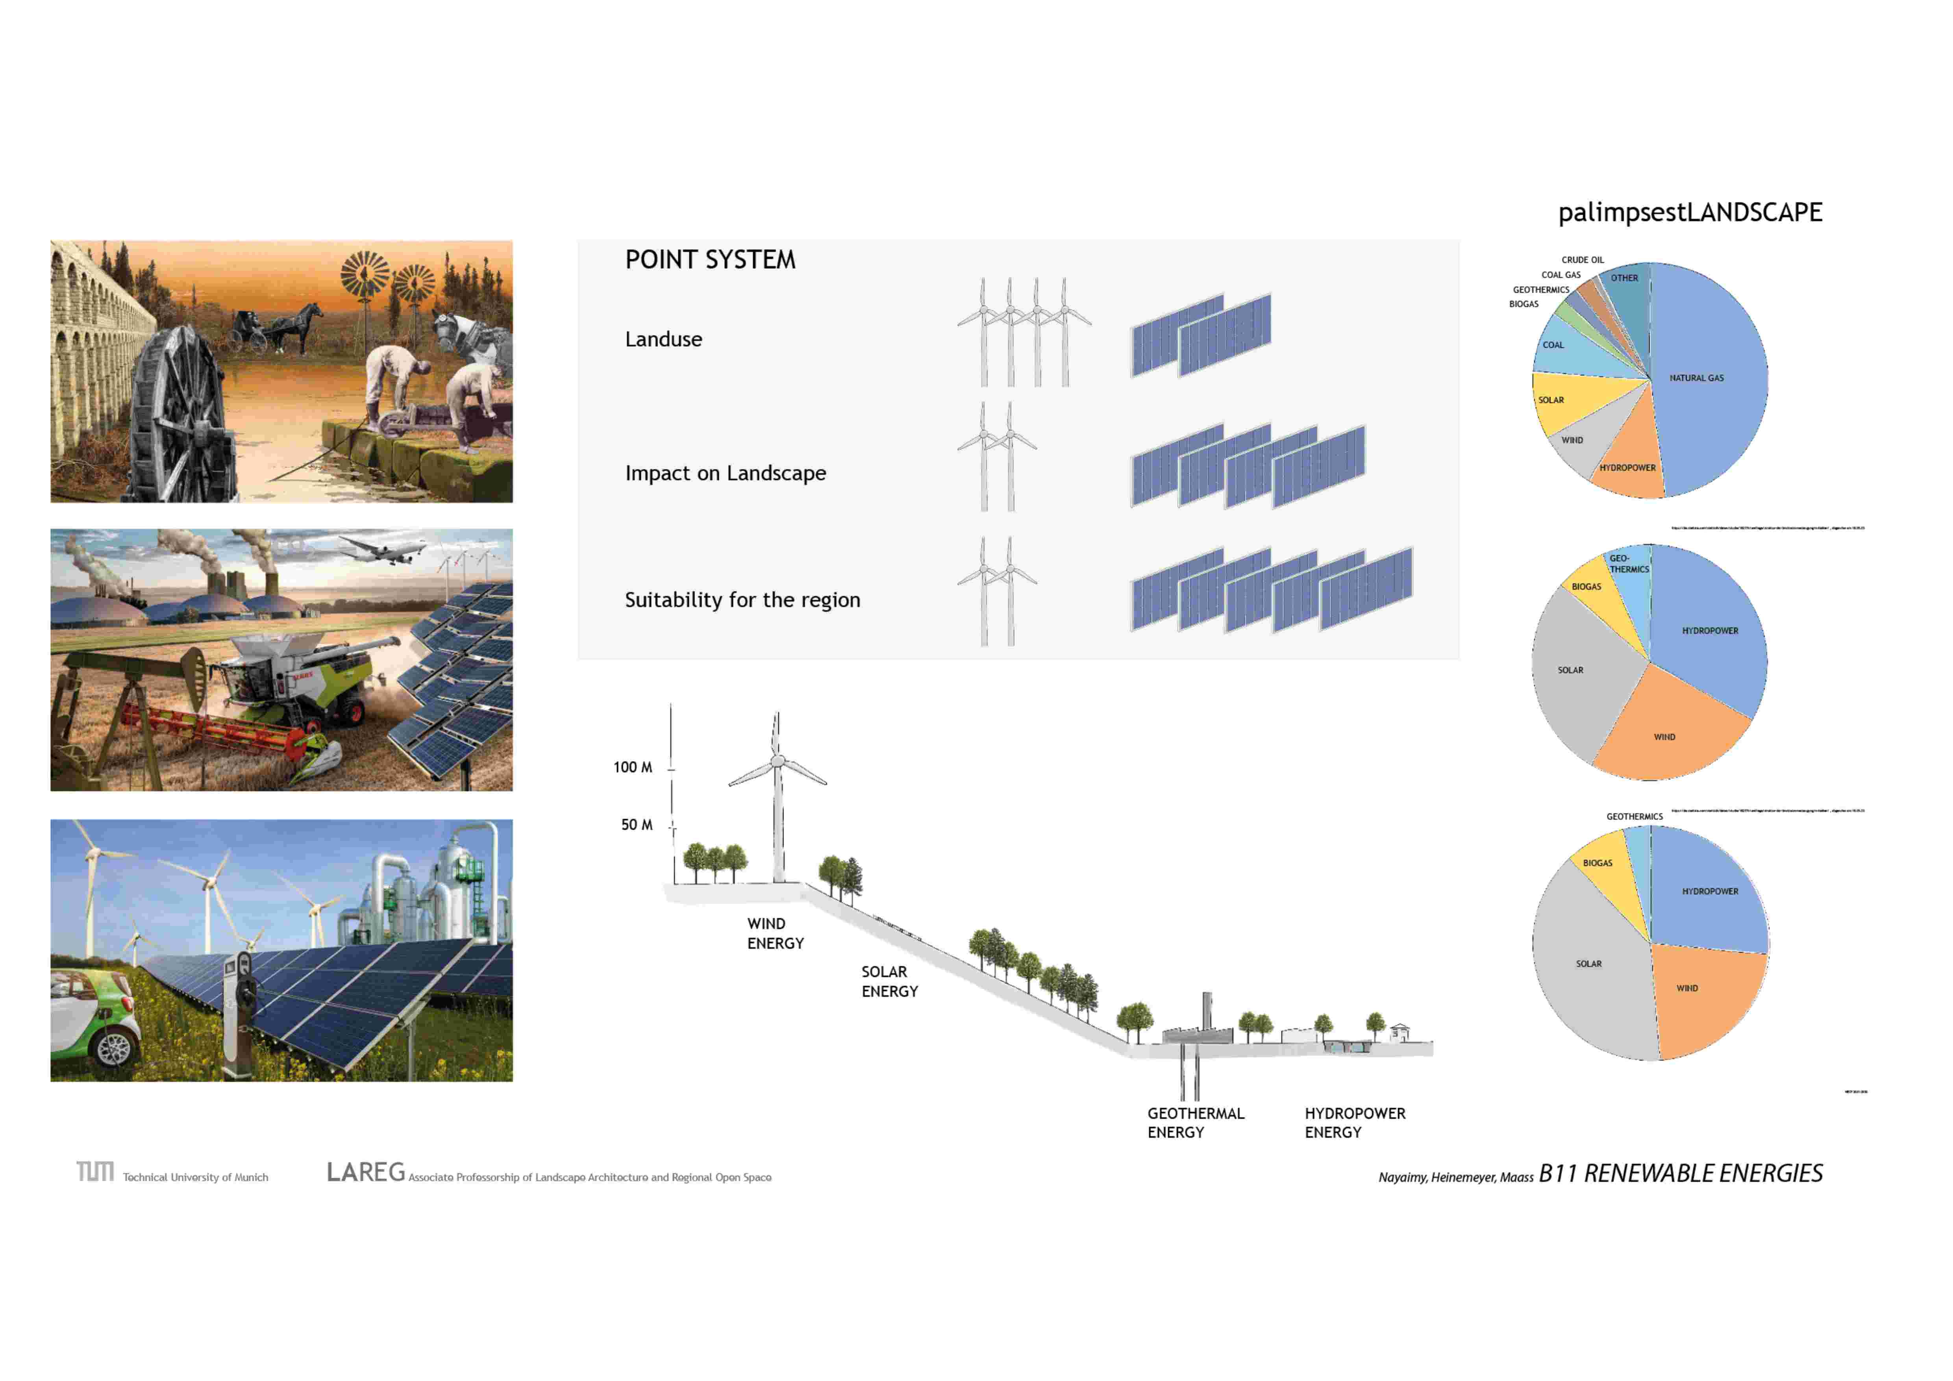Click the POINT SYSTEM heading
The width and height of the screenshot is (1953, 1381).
(x=710, y=259)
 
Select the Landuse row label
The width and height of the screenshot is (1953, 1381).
(x=663, y=339)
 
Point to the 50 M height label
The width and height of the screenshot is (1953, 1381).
(x=636, y=825)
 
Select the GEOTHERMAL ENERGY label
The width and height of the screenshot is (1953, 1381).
(x=1195, y=1122)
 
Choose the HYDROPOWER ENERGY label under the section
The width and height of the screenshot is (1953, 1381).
(x=1354, y=1122)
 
